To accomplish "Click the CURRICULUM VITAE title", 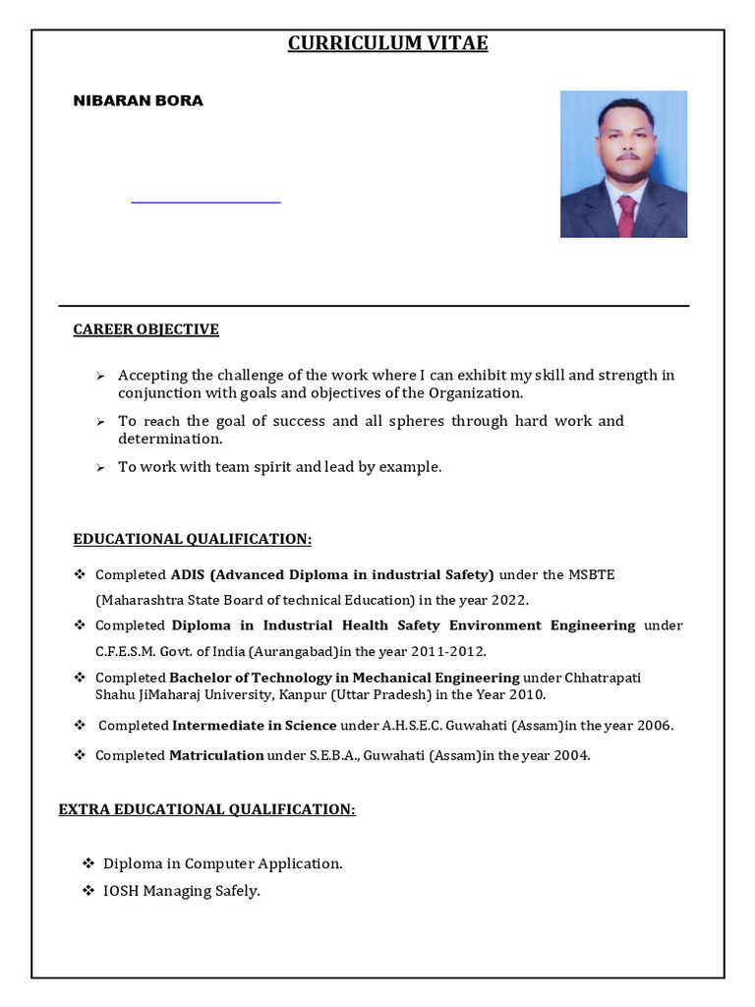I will click(387, 43).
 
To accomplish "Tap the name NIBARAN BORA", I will click(139, 100).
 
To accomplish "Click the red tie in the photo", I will click(625, 215).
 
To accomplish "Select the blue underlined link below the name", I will click(205, 202).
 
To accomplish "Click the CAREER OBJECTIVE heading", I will click(145, 329).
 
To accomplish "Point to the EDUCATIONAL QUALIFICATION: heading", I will click(192, 539).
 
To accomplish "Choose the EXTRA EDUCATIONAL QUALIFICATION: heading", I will click(206, 809).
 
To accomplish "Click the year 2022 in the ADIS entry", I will click(510, 600).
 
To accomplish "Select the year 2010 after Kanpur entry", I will click(528, 694).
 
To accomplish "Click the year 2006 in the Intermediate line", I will click(653, 726).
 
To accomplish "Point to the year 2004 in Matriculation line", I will click(570, 755).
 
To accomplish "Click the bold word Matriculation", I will click(216, 755).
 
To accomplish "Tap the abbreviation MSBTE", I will click(593, 574).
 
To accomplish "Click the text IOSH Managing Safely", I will click(182, 891).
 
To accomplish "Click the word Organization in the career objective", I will click(474, 393).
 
